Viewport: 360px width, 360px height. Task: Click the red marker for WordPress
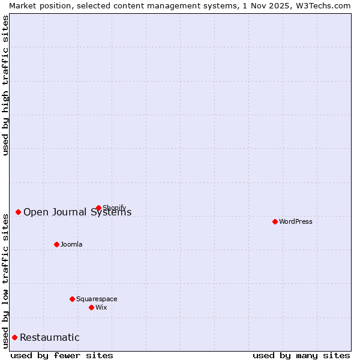tap(275, 221)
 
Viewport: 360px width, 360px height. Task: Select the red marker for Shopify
tap(98, 208)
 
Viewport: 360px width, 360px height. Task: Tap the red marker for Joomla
tap(56, 244)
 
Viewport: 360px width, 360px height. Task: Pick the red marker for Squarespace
tap(72, 299)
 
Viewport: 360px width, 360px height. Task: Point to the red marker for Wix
tap(91, 307)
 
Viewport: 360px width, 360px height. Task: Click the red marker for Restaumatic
tap(14, 337)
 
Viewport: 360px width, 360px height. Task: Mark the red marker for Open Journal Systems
tap(18, 212)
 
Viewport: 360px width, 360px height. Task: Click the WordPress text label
tap(296, 221)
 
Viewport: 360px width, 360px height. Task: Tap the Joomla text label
tap(71, 244)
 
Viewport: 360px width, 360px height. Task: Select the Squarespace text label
tap(97, 299)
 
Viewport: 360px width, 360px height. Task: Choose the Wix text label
tap(101, 307)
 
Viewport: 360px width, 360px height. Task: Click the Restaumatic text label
tap(50, 337)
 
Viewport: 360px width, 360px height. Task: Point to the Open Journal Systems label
tap(77, 212)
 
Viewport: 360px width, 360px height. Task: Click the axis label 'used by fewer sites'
tap(62, 355)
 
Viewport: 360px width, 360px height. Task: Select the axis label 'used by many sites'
tap(301, 355)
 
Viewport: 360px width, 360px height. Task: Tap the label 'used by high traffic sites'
tap(5, 85)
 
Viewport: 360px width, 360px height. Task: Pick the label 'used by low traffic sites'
tap(5, 280)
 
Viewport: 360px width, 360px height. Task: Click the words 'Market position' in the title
tap(37, 5)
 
